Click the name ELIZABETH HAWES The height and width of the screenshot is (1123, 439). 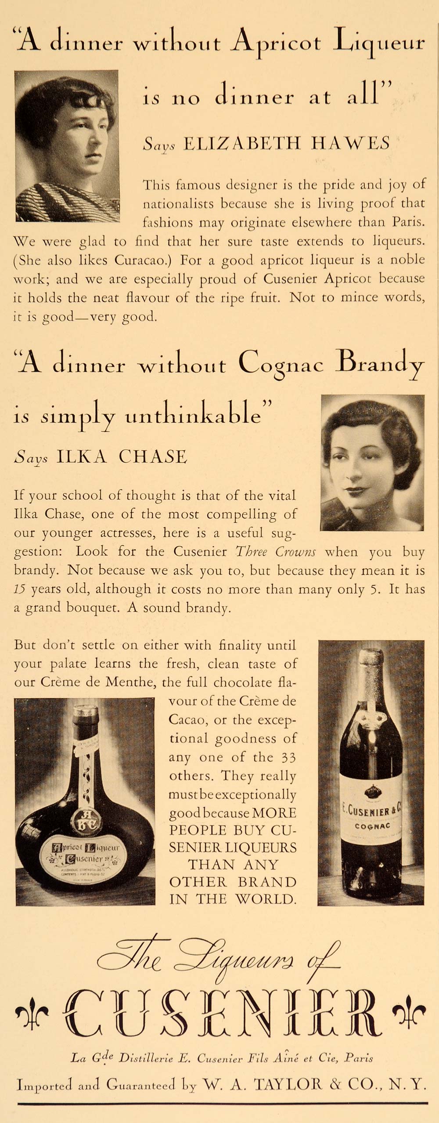pos(285,144)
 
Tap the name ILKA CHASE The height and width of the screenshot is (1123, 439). pos(121,457)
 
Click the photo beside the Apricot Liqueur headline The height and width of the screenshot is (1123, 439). pos(67,145)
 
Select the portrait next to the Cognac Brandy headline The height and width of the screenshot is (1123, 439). pos(372,463)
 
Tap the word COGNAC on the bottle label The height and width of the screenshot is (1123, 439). pos(372,826)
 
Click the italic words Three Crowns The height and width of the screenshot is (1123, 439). pos(276,552)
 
